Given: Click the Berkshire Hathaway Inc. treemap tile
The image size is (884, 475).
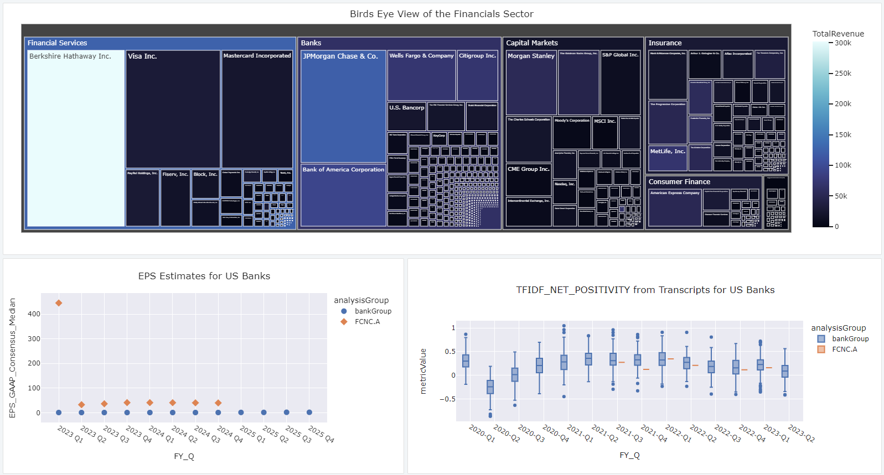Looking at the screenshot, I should pyautogui.click(x=76, y=138).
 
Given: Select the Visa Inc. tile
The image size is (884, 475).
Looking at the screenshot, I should pyautogui.click(x=173, y=111).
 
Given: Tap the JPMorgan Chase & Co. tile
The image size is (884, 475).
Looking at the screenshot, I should pyautogui.click(x=343, y=108).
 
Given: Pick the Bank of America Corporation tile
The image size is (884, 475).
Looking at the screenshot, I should pyautogui.click(x=343, y=196).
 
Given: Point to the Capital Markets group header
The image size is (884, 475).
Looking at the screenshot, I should pyautogui.click(x=532, y=43).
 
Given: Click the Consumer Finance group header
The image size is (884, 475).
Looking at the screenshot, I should pyautogui.click(x=679, y=182).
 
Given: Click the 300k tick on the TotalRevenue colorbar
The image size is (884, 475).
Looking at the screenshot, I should pyautogui.click(x=843, y=43).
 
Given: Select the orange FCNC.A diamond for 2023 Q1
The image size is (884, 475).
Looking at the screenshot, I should pyautogui.click(x=59, y=303).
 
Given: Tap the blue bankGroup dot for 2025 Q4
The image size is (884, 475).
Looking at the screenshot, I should pyautogui.click(x=309, y=413).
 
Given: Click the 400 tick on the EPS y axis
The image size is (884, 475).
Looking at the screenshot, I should pyautogui.click(x=34, y=314).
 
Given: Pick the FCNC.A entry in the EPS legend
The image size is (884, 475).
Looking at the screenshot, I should pyautogui.click(x=367, y=322).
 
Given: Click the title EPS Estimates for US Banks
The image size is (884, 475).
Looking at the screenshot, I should pyautogui.click(x=204, y=276).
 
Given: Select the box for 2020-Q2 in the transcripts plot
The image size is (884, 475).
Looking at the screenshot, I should pyautogui.click(x=490, y=387).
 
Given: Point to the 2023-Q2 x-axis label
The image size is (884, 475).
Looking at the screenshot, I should pyautogui.click(x=801, y=434).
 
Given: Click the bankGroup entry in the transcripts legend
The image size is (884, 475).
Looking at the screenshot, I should pyautogui.click(x=850, y=339).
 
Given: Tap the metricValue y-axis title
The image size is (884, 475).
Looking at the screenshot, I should pyautogui.click(x=423, y=370).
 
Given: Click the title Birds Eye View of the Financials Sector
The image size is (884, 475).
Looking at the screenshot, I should pyautogui.click(x=442, y=14).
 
